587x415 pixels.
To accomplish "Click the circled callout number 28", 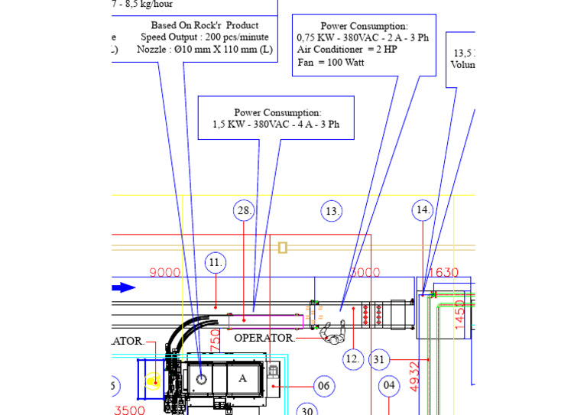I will click(x=244, y=210).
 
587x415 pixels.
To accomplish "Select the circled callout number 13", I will click(x=332, y=211).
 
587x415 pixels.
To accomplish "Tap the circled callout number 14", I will click(x=423, y=210).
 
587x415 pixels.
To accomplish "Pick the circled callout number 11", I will click(x=216, y=263).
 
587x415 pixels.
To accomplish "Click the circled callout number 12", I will click(x=352, y=358).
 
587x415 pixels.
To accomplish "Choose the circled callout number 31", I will click(x=380, y=358).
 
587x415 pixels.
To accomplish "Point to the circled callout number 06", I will click(x=323, y=387).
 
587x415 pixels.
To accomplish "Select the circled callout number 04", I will click(x=389, y=386).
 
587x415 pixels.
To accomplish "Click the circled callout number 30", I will click(x=306, y=411).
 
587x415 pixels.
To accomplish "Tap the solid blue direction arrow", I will click(x=124, y=288).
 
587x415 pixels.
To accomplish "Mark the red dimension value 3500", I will click(x=130, y=410).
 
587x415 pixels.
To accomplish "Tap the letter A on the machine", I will click(x=242, y=378).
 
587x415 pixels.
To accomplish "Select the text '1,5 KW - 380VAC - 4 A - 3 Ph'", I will click(x=276, y=125).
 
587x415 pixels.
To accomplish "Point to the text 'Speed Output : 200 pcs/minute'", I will click(x=204, y=37).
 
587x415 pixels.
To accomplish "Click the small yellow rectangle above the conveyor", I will click(x=283, y=248).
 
